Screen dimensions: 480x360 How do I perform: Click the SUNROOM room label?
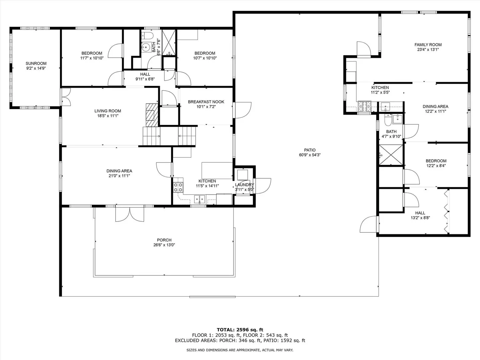tap(36, 64)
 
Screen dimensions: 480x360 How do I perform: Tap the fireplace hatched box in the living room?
tap(152, 115)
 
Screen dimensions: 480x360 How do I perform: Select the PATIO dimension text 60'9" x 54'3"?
tap(310, 155)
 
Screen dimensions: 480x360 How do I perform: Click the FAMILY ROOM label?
tap(428, 45)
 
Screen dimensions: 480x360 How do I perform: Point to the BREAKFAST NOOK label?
tap(206, 102)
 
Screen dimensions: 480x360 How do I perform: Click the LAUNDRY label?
tap(244, 185)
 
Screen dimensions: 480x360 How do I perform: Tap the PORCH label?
tap(164, 240)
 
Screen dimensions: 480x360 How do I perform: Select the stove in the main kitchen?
tap(178, 187)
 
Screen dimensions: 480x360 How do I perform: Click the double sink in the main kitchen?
tap(200, 199)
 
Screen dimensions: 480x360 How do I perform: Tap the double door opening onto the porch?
tap(130, 214)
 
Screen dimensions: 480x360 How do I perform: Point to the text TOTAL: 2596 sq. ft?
tap(240, 330)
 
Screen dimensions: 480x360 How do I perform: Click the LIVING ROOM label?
tap(108, 111)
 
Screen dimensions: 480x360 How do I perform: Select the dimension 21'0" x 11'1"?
tap(119, 176)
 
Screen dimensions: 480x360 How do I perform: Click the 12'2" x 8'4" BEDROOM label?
tap(436, 161)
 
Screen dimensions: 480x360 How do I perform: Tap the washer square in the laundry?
tap(243, 175)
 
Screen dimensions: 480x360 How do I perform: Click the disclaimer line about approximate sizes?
tap(240, 350)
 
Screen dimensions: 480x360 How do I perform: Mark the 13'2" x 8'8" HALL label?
tap(420, 213)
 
